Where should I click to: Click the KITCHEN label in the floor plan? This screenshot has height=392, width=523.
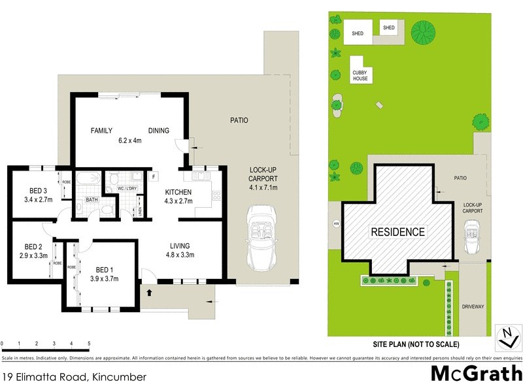point(178,191)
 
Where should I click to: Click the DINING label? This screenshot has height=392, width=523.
point(158,131)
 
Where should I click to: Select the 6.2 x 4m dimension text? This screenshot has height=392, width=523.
point(129,140)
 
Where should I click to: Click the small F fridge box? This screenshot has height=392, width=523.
point(153,176)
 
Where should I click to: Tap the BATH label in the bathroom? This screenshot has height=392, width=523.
point(91,199)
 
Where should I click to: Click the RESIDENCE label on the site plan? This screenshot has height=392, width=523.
point(397,232)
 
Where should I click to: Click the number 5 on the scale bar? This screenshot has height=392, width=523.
point(89,343)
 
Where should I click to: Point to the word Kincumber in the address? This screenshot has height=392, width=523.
point(119,377)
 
